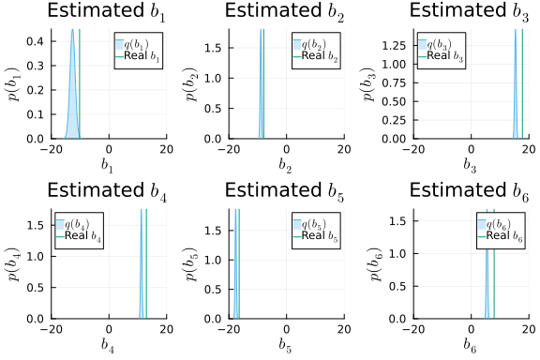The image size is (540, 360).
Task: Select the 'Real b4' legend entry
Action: click(82, 237)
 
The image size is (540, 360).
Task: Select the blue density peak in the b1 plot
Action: click(72, 32)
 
